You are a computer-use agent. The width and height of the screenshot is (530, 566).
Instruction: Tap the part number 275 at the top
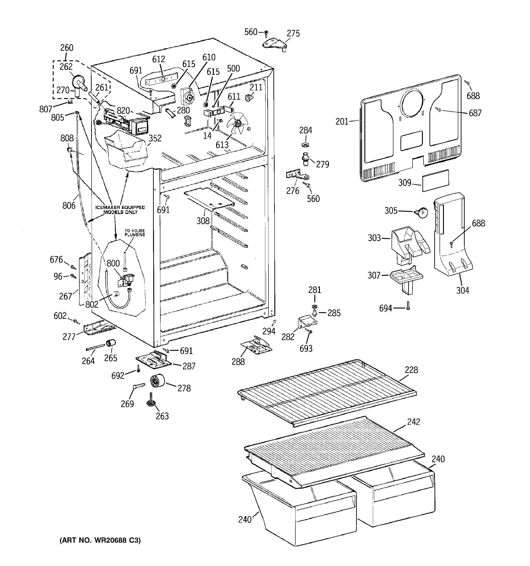point(293,34)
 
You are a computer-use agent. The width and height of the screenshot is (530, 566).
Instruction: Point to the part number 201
point(342,122)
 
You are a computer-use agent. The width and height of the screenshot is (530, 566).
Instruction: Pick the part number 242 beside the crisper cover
point(413,422)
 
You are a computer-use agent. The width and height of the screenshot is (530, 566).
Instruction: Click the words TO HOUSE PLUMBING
point(135,233)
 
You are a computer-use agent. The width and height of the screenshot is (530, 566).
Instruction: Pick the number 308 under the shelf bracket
point(203,221)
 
